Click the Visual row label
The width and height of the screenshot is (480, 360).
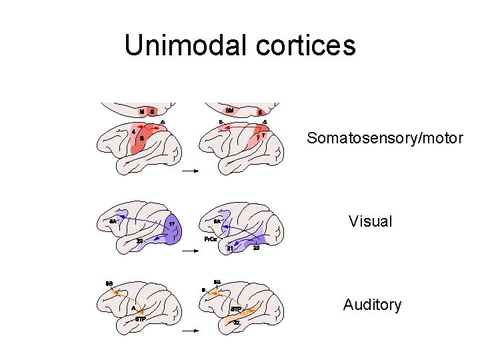[x=371, y=221]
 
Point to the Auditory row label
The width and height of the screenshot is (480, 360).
[x=372, y=305]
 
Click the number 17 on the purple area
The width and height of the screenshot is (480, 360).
[x=171, y=224]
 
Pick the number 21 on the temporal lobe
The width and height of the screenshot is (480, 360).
[x=230, y=248]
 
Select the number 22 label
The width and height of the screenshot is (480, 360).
[x=237, y=323]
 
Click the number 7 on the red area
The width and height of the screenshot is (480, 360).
[x=263, y=135]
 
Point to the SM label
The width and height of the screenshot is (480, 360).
[x=229, y=110]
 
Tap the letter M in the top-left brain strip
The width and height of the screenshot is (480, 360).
[x=142, y=111]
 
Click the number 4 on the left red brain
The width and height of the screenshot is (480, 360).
[x=134, y=131]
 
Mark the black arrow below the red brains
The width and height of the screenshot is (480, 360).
[x=191, y=171]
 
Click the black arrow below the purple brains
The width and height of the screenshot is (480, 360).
[x=191, y=251]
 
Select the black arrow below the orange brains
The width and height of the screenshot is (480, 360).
[x=191, y=331]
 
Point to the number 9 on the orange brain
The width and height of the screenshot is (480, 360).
[x=203, y=290]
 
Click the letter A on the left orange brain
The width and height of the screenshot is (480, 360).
[x=133, y=309]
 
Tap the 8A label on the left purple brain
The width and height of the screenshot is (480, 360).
[x=113, y=221]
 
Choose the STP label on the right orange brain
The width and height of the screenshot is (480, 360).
[x=236, y=310]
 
